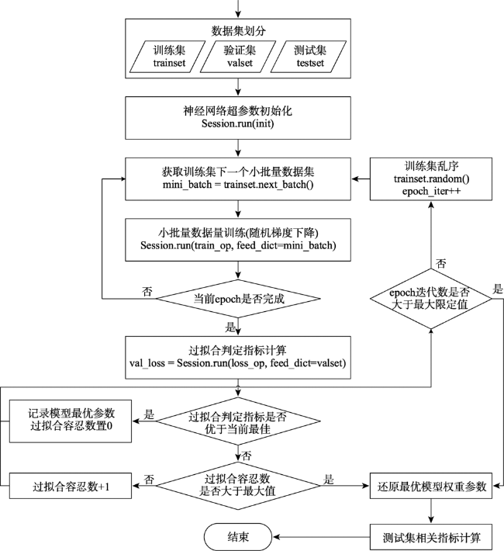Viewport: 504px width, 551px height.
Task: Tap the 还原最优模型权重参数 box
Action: click(430, 486)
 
